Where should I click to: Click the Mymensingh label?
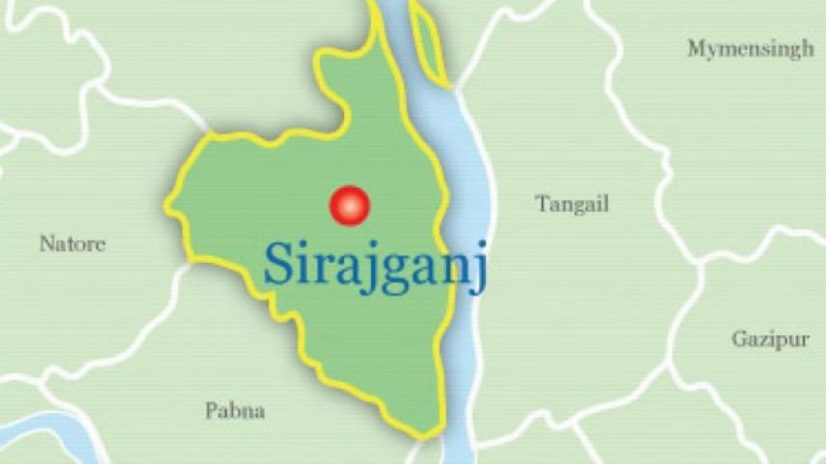pos(750,50)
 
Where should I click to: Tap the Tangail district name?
pos(572,204)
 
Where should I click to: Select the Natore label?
pos(72,245)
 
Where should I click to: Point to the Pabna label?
pos(235,412)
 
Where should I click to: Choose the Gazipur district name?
pos(769,339)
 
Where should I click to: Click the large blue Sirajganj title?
pos(376,265)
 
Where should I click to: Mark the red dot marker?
pos(349,205)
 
